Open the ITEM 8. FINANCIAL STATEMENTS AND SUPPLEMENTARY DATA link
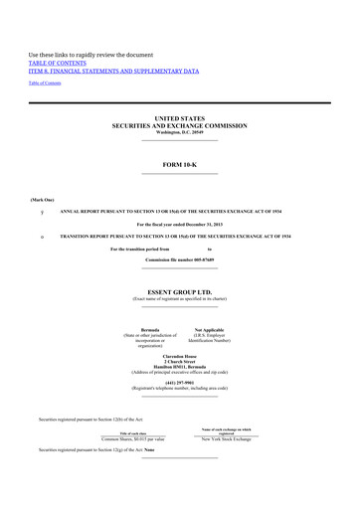(x=113, y=72)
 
